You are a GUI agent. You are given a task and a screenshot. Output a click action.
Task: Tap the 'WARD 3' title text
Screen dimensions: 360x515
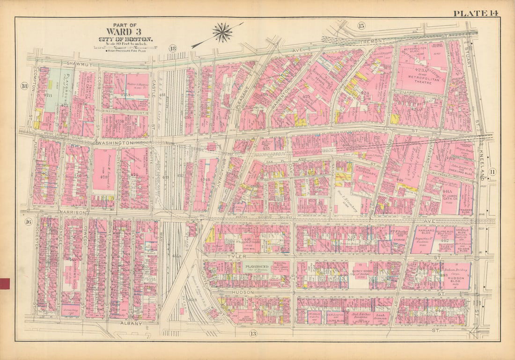point(124,31)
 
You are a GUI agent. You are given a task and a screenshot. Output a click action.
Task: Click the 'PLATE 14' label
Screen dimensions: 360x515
point(476,13)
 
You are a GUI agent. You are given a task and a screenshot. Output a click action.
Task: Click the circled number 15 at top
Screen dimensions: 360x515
point(361,25)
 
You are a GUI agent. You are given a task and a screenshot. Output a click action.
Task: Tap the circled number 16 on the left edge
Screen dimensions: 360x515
point(28,222)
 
